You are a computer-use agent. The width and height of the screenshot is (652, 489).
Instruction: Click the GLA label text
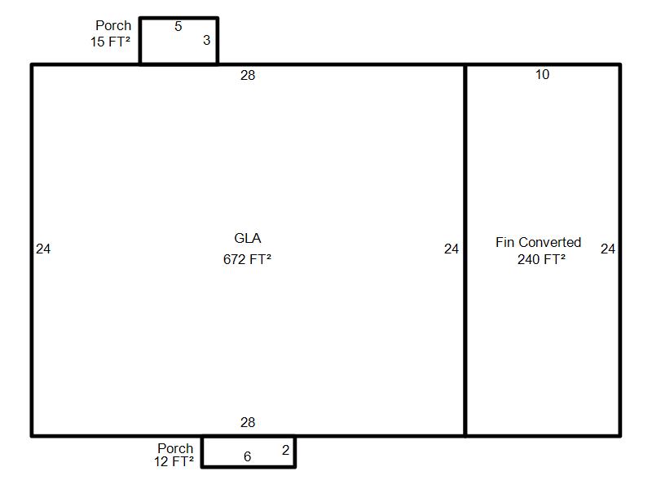tap(248, 238)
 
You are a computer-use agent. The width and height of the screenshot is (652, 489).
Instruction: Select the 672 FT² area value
tap(247, 259)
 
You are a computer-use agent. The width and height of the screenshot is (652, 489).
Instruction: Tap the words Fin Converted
tap(538, 242)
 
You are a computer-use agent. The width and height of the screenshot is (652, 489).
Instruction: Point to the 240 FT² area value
tap(541, 259)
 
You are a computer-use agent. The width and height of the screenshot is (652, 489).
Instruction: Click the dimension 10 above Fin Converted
tap(542, 74)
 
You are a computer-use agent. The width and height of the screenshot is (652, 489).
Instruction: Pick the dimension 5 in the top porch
tap(178, 26)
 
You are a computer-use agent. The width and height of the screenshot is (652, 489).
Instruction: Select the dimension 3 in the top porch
tap(206, 40)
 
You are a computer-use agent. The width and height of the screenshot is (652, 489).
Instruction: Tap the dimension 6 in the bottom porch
tap(247, 456)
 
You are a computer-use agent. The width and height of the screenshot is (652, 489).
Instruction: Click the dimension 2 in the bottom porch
tap(285, 450)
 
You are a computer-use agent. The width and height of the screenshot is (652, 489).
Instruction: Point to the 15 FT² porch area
tap(110, 42)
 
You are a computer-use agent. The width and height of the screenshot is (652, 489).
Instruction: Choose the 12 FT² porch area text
tap(174, 461)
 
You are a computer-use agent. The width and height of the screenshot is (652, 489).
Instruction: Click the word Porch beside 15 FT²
tap(113, 25)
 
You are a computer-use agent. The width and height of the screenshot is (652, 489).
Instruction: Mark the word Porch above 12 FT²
tap(175, 448)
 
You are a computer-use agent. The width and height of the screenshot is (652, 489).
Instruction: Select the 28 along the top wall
tap(248, 75)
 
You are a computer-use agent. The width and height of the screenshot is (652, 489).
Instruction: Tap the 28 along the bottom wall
tap(248, 422)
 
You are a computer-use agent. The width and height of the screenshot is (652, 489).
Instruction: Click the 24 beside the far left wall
tap(43, 249)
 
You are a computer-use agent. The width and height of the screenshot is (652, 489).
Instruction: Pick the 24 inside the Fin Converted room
tap(607, 249)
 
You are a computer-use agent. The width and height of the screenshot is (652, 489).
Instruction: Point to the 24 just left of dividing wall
tap(452, 249)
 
